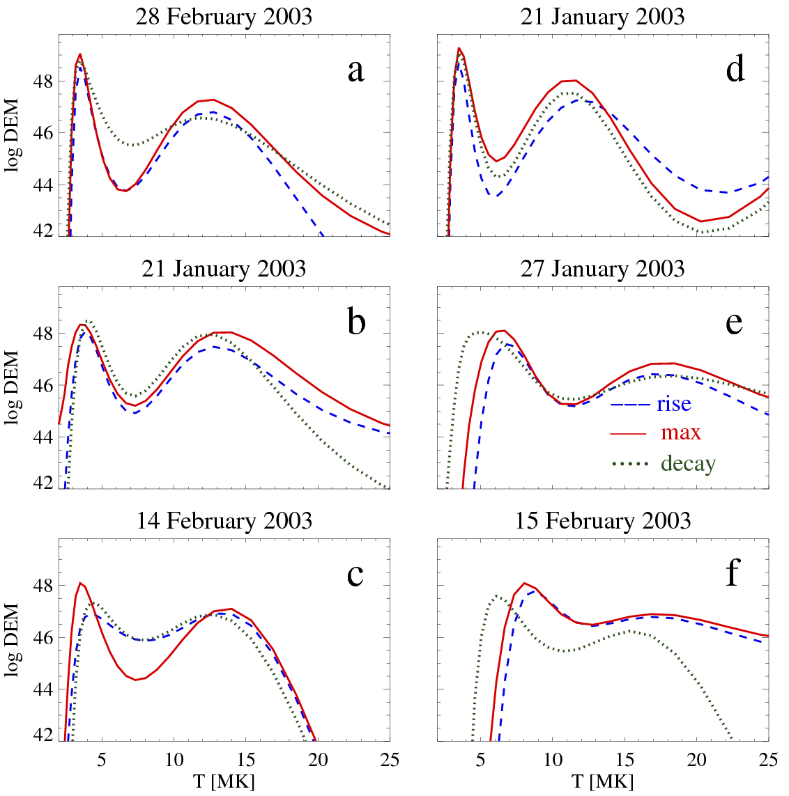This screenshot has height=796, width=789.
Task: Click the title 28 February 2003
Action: pos(224,16)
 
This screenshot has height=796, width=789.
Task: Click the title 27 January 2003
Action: pos(602,268)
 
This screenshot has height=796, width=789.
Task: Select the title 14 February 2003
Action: pos(224,520)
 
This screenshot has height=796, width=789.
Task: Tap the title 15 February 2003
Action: pos(602,520)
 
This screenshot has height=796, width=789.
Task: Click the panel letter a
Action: pos(355,70)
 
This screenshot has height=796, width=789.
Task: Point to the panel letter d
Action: pos(735,70)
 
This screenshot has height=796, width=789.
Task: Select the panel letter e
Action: pos(734,322)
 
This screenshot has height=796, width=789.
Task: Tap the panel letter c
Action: pos(355,575)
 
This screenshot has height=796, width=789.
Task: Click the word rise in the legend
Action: pos(673,403)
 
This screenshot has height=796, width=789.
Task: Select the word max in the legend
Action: pos(680,432)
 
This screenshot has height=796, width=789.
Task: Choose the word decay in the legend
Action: pos(688,462)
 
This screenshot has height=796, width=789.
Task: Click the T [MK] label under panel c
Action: pos(224,781)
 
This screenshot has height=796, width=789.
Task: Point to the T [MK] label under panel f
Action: pos(602,781)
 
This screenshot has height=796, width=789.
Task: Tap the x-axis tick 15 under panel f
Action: pos(625,759)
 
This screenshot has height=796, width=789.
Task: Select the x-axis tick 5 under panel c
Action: pos(102,759)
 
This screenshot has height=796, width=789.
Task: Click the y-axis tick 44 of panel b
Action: pos(42,437)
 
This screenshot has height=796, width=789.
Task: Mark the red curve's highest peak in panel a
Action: pos(80,54)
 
